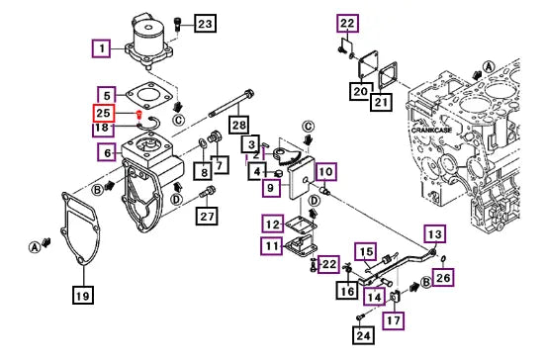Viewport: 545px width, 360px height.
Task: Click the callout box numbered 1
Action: tap(102, 48)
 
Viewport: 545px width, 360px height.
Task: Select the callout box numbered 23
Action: tap(205, 24)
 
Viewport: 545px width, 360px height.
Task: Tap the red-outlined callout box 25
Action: tap(103, 114)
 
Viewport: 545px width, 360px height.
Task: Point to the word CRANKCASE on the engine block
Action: tap(431, 131)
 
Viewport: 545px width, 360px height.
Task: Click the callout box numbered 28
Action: tap(239, 125)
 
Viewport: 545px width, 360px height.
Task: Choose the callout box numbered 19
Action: tap(83, 296)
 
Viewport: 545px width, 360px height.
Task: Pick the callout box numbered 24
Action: tap(363, 335)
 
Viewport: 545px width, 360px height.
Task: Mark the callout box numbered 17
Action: tap(394, 320)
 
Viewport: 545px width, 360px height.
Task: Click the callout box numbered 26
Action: tap(443, 277)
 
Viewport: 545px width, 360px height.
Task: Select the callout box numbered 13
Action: tap(435, 234)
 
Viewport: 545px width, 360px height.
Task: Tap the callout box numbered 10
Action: tap(326, 171)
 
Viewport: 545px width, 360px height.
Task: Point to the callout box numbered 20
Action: tap(360, 91)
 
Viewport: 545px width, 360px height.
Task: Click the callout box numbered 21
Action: tap(381, 102)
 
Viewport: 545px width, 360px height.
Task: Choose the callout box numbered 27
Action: tap(207, 217)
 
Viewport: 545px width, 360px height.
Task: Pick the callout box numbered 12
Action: tap(273, 225)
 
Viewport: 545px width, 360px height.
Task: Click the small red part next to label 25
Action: tap(139, 114)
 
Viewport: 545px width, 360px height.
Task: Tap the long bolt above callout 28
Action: tap(231, 103)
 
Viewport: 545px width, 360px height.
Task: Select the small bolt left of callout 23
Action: tap(177, 25)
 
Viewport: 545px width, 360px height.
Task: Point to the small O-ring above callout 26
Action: tap(444, 259)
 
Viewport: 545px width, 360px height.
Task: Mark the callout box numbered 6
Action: tap(108, 152)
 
